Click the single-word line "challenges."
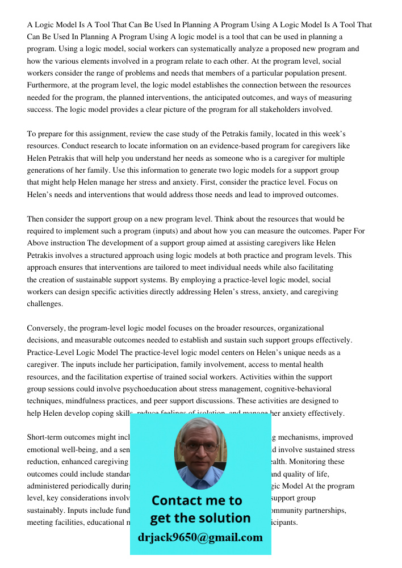click(45, 304)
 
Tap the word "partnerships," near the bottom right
click(322, 511)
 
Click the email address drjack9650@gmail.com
click(200, 537)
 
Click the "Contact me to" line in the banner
click(196, 500)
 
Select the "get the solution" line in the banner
click(200, 518)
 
